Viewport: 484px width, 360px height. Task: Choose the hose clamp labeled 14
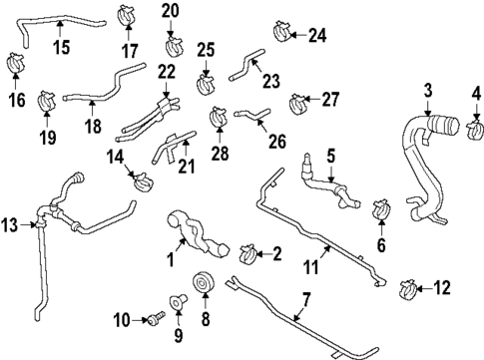(x=143, y=181)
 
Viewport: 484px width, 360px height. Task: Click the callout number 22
(x=167, y=72)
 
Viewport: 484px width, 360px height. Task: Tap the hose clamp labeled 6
(x=378, y=210)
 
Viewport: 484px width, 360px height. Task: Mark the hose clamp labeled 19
(x=46, y=101)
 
